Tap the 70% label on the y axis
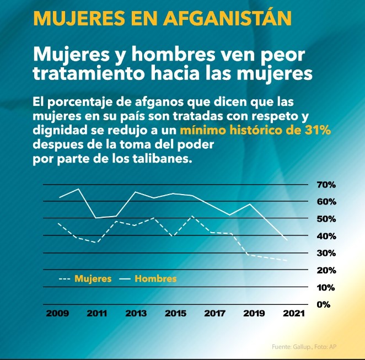(x=326, y=185)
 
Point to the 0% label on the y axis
(x=323, y=304)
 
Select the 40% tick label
(x=326, y=236)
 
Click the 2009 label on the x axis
(x=57, y=314)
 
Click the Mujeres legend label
(x=93, y=279)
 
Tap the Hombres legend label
(x=155, y=279)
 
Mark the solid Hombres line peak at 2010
(x=78, y=189)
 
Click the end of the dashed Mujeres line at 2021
(x=287, y=260)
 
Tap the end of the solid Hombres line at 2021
(x=287, y=240)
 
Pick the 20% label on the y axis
(x=326, y=270)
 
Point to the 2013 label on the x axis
(x=136, y=314)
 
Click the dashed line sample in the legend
(x=64, y=279)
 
